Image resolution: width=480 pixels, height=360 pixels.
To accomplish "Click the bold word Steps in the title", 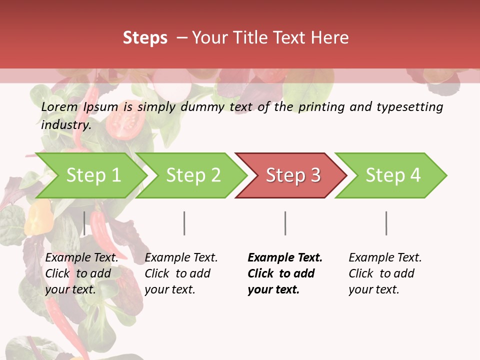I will (145, 38).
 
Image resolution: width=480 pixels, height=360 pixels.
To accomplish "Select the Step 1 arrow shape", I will (92, 175).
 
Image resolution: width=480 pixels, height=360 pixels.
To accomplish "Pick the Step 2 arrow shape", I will (192, 175).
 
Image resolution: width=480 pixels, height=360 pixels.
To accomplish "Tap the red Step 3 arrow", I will (292, 175).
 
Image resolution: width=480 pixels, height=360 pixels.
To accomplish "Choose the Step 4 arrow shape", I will (392, 175).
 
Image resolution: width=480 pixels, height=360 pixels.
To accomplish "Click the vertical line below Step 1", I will (84, 223).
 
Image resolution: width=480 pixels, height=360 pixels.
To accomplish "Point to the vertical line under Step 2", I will (184, 223).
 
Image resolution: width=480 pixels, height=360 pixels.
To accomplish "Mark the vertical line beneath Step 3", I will (285, 223).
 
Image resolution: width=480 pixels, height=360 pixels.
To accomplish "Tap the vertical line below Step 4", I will (386, 223).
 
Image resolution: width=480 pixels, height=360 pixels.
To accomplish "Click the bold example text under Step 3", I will (285, 273).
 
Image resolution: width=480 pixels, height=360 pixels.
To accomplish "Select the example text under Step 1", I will (81, 273).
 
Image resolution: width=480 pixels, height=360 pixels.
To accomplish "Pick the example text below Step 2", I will (181, 273).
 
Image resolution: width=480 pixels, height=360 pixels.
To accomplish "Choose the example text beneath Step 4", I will (385, 273).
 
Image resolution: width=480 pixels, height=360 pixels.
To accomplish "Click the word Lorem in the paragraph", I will (59, 107).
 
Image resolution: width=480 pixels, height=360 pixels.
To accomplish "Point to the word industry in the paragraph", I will (65, 125).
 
